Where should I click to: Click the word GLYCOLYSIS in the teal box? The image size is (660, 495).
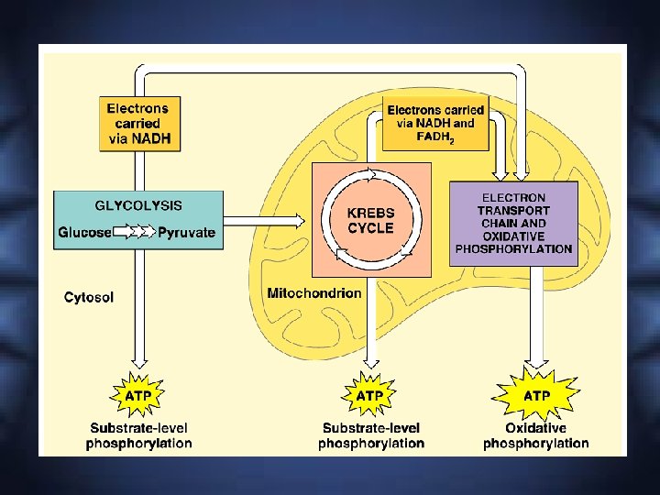click(x=138, y=205)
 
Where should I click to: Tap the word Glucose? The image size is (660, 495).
click(x=85, y=233)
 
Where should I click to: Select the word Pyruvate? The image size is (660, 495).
click(x=186, y=233)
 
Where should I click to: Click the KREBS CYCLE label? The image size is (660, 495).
click(x=370, y=221)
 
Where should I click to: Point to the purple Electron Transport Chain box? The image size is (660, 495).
click(x=513, y=224)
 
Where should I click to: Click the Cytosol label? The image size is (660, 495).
click(x=89, y=297)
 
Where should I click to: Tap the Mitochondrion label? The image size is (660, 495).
click(x=313, y=293)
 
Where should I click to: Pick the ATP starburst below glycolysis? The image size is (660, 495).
click(x=138, y=395)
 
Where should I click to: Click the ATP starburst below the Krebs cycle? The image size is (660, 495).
click(x=369, y=395)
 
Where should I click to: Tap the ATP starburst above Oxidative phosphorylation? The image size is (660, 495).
click(x=536, y=395)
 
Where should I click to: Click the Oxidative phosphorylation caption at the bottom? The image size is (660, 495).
click(x=536, y=435)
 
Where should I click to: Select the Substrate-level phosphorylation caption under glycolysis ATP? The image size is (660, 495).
click(x=139, y=435)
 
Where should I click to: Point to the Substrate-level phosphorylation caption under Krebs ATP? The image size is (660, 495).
click(x=371, y=435)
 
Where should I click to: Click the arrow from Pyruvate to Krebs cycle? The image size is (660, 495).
click(x=267, y=221)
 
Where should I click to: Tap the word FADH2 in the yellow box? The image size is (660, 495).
click(x=435, y=138)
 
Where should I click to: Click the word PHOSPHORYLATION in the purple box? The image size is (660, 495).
click(x=513, y=248)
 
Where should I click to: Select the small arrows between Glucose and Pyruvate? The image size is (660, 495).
click(x=136, y=233)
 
